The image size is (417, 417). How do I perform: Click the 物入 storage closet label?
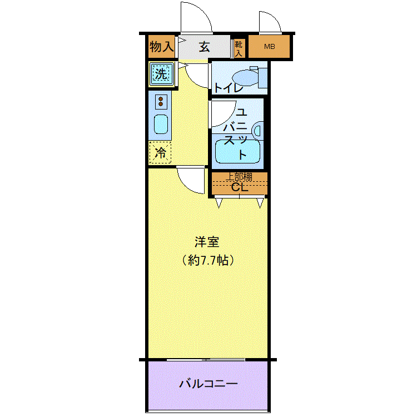(161, 47)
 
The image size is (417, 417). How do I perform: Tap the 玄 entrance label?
(204, 47)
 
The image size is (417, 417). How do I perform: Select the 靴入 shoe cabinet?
(239, 48)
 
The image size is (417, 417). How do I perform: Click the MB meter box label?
(270, 47)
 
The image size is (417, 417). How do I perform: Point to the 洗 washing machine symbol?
(161, 73)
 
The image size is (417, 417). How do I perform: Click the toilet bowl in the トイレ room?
(246, 78)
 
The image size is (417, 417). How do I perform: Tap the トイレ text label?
(228, 88)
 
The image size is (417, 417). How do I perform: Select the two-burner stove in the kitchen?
(161, 101)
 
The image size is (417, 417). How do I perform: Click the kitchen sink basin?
(161, 124)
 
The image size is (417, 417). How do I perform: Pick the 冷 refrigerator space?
(160, 152)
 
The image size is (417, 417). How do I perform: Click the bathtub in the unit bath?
(237, 151)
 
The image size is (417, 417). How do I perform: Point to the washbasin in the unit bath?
(258, 131)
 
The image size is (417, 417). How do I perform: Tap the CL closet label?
(239, 187)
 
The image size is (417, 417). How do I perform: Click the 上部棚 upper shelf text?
(239, 177)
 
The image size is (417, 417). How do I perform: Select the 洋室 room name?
(207, 242)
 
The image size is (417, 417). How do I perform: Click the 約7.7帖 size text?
(208, 260)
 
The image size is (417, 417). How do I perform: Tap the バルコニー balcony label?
(208, 384)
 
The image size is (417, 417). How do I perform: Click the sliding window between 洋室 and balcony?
(206, 360)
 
